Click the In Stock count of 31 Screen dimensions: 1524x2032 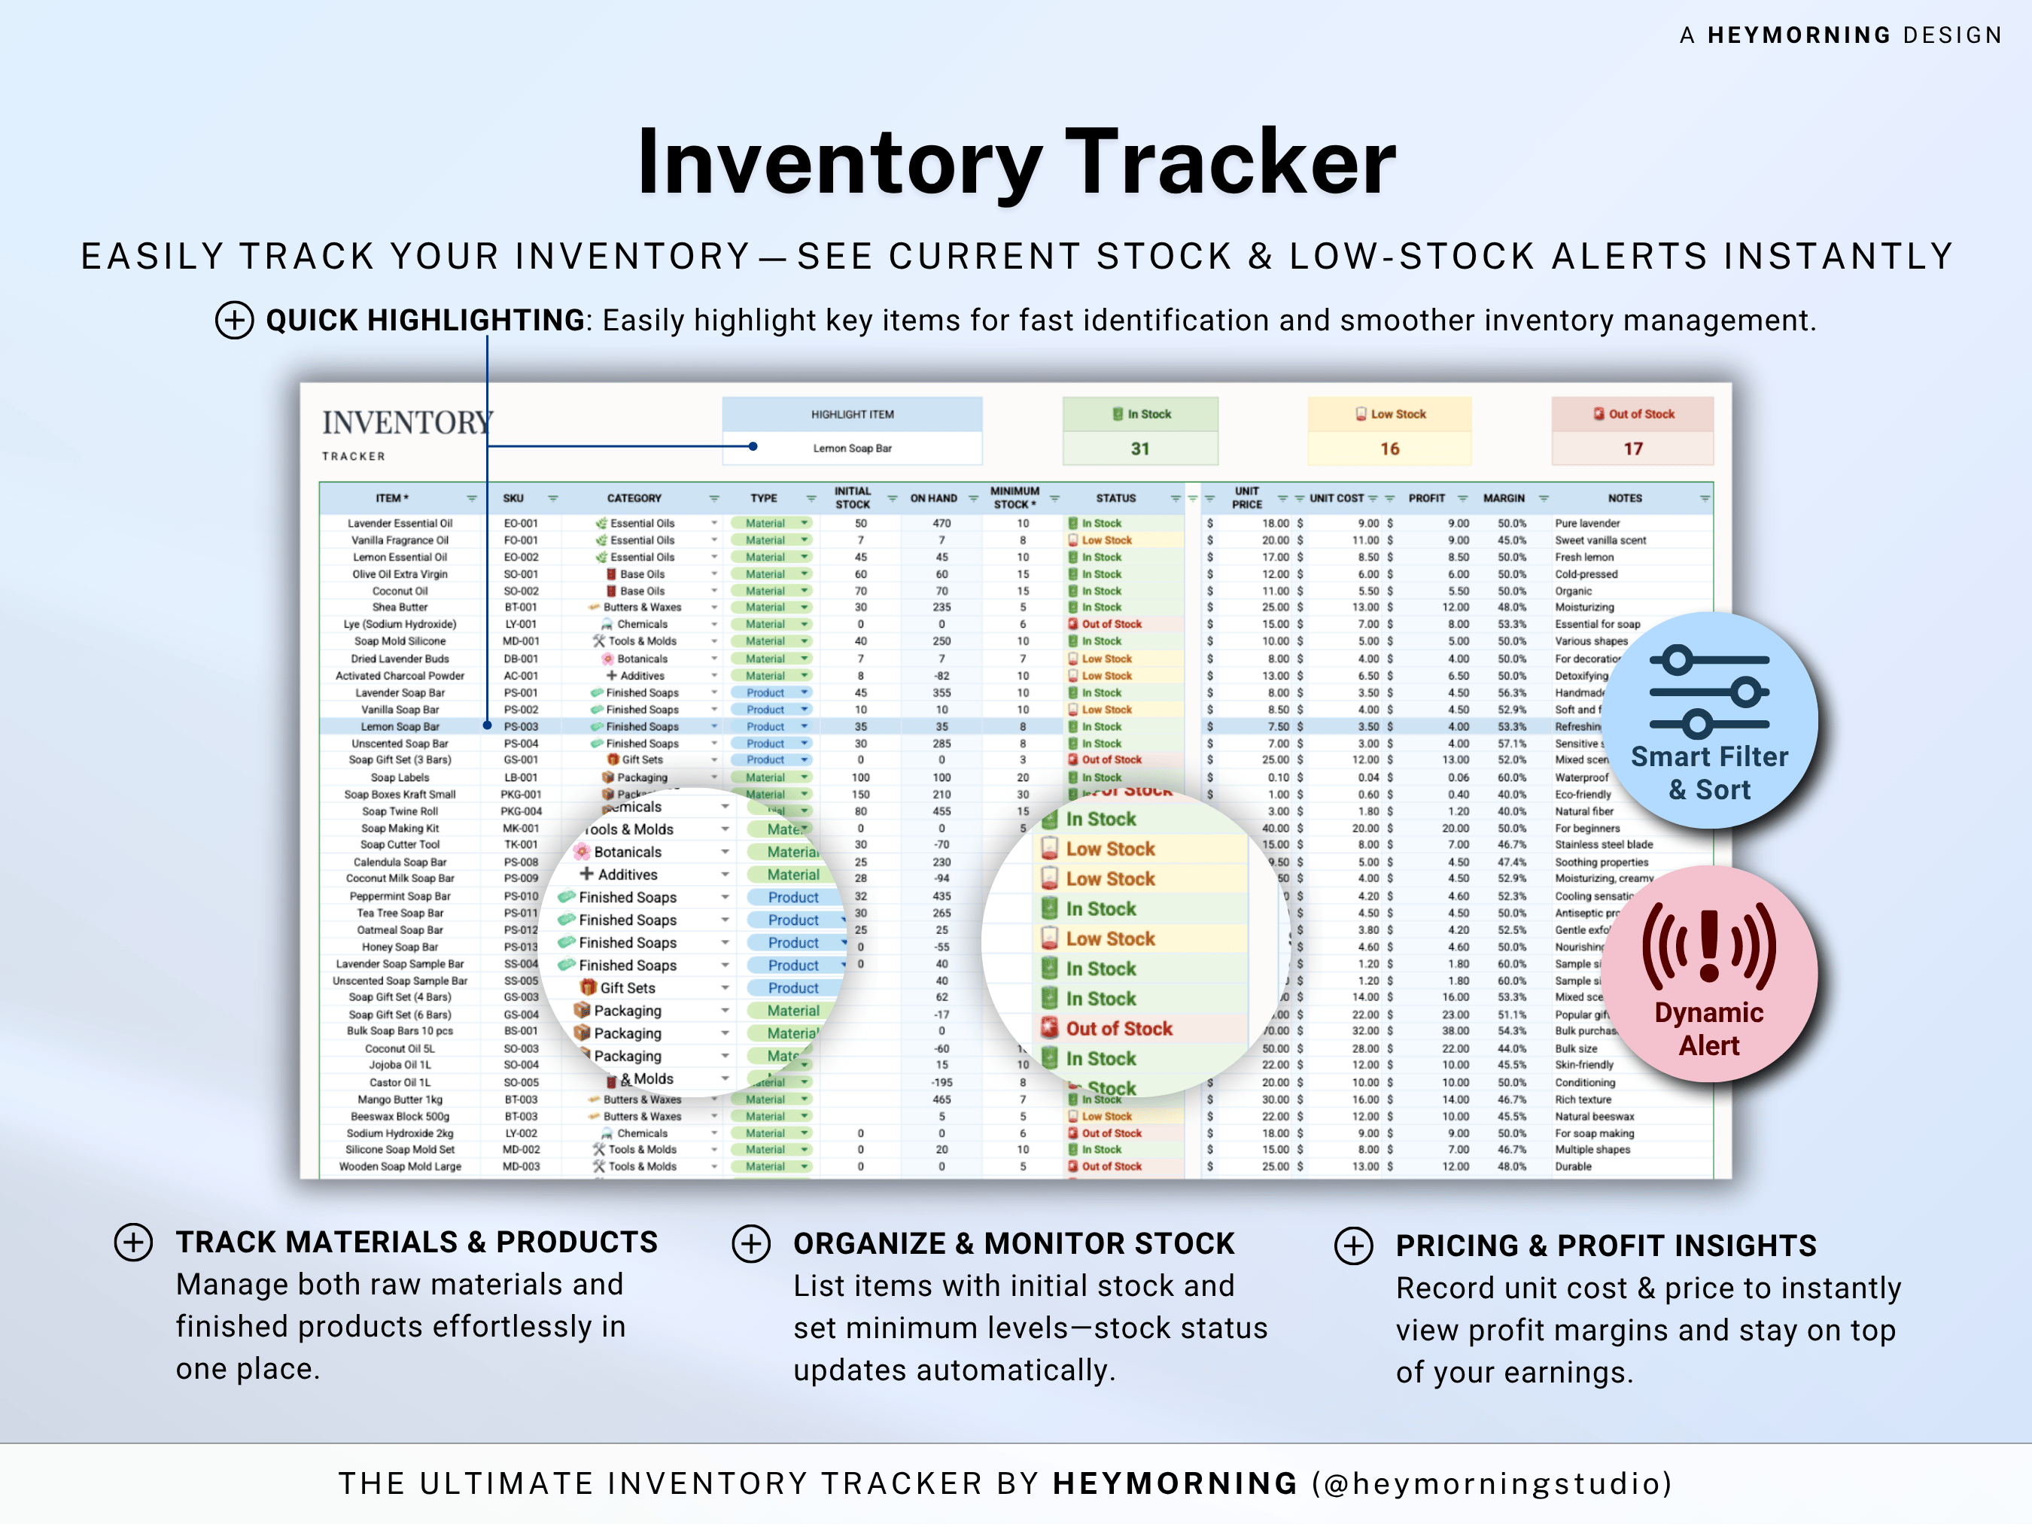tap(1139, 449)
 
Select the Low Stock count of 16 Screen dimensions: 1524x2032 tap(1389, 449)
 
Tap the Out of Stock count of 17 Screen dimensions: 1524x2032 tap(1632, 449)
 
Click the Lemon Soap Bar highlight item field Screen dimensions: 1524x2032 tap(852, 449)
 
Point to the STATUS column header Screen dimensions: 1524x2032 tap(1115, 498)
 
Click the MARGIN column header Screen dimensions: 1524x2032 tap(1503, 498)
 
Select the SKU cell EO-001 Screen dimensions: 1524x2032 tap(521, 524)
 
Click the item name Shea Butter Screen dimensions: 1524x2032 tap(400, 607)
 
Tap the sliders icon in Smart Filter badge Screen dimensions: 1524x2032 tap(1708, 692)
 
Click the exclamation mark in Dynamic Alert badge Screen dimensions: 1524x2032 tap(1708, 946)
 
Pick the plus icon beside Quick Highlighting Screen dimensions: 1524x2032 tap(234, 321)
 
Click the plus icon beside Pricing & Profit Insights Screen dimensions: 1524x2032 tap(1353, 1246)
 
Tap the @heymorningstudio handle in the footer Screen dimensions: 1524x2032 tap(1492, 1483)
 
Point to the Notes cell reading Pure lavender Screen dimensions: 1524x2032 tap(1586, 524)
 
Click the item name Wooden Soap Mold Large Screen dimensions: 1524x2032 tap(400, 1167)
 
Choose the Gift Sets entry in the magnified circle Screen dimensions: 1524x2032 tap(628, 987)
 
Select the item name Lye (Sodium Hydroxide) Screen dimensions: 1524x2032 tap(400, 625)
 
